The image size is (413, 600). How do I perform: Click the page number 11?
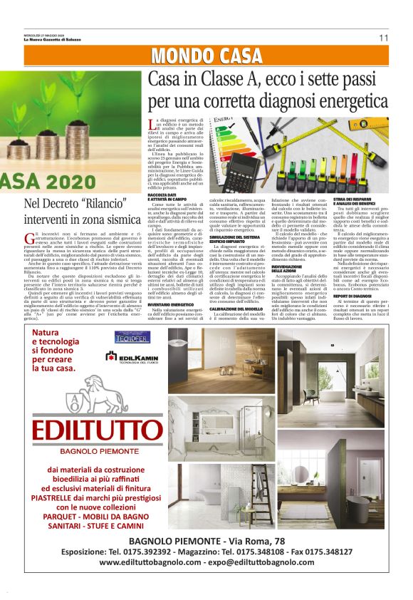click(x=383, y=38)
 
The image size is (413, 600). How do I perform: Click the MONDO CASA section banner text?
click(x=206, y=56)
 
